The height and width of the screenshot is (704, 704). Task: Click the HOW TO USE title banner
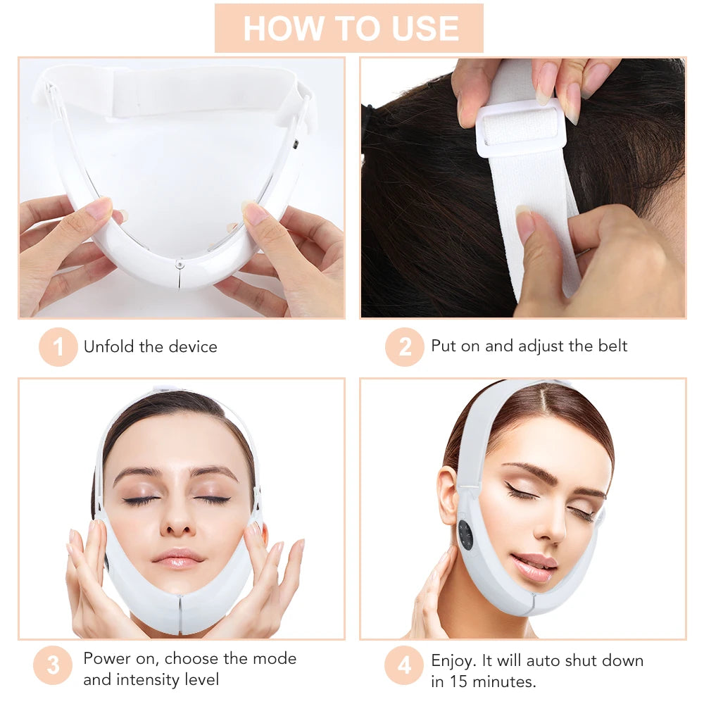click(349, 28)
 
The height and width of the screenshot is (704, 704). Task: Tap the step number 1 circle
click(58, 347)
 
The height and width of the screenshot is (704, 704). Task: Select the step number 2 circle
click(404, 347)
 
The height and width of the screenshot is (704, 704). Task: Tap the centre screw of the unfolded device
click(180, 265)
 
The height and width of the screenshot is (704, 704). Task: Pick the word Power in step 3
click(105, 659)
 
